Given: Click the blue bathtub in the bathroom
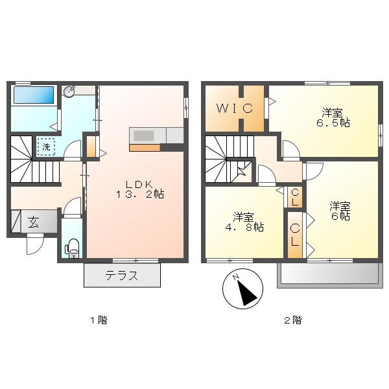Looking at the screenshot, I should [34, 96].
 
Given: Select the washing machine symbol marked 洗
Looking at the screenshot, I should [46, 147].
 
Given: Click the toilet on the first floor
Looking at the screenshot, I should [73, 247].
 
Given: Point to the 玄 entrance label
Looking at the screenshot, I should [33, 222].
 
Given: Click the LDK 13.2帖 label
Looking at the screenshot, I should [140, 188].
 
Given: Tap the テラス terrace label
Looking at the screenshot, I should [122, 276].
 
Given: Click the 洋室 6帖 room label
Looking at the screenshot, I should [340, 211].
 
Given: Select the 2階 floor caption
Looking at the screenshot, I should [292, 320].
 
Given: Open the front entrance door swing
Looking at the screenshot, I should [34, 244].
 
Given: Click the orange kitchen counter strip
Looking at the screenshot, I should [144, 148].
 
